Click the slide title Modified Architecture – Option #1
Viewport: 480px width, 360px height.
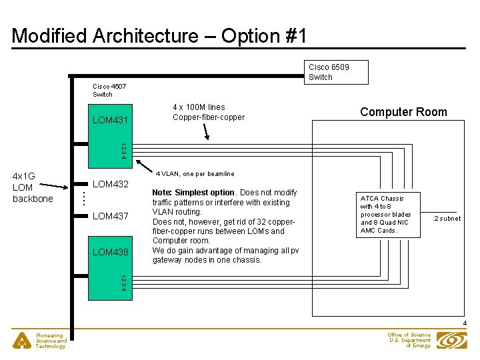tap(159, 35)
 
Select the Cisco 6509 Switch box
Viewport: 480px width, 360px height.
tap(337, 72)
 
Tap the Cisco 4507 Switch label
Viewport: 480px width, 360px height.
tap(109, 90)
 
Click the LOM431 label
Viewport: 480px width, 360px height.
tap(110, 120)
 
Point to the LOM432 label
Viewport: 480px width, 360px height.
tap(110, 184)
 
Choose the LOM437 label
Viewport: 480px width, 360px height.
tap(110, 216)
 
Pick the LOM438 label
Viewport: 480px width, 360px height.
tap(110, 252)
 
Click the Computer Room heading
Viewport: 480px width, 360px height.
tap(403, 112)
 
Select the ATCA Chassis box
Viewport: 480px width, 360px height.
tap(389, 215)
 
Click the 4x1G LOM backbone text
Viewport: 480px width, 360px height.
tap(33, 187)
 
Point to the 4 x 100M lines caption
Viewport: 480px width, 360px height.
tap(208, 112)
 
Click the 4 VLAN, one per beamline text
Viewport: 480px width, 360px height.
tap(195, 174)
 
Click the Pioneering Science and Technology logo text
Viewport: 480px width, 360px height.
tap(51, 341)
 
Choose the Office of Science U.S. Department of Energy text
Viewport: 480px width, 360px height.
tap(409, 341)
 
